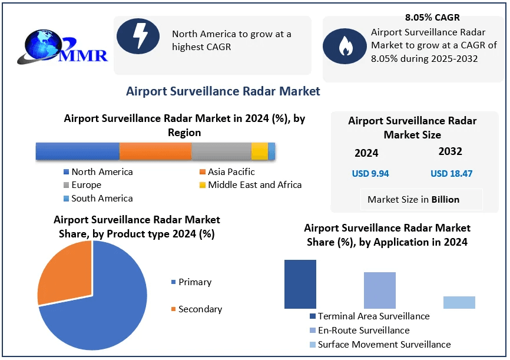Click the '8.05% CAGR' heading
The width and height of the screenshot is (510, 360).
click(x=432, y=17)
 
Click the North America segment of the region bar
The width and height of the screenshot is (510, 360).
click(x=77, y=151)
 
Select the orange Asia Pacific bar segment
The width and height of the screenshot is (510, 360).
click(x=155, y=151)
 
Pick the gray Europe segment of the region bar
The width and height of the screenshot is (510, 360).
click(x=221, y=151)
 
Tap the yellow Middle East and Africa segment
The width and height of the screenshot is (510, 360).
click(x=260, y=151)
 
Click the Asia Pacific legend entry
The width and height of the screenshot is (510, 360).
click(x=227, y=172)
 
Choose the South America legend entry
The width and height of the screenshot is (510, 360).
click(x=98, y=199)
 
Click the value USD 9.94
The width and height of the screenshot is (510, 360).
click(x=370, y=173)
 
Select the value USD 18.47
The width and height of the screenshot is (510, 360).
click(x=452, y=173)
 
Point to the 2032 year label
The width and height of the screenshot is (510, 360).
click(x=451, y=151)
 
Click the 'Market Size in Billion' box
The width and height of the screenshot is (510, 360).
click(x=413, y=199)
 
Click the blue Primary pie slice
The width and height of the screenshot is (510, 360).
click(x=106, y=306)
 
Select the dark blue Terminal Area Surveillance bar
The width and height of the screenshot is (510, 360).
click(x=300, y=284)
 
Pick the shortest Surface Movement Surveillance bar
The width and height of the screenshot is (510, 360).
click(x=459, y=302)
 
